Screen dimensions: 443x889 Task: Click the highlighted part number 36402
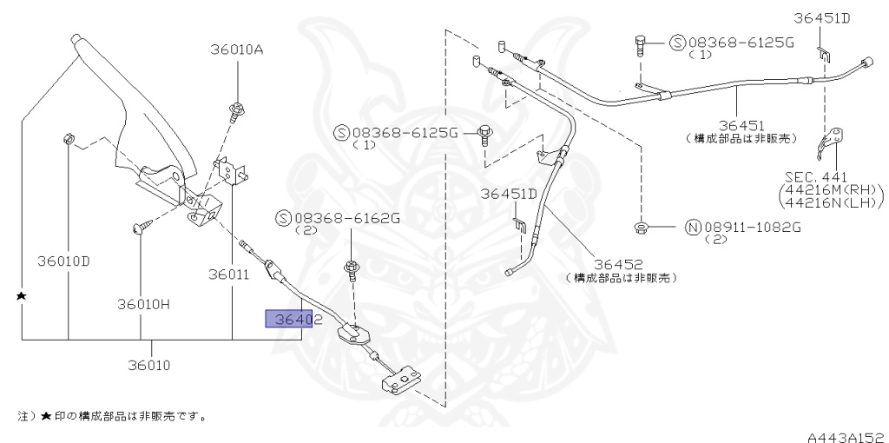click(x=294, y=320)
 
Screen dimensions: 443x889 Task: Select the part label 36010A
click(x=235, y=50)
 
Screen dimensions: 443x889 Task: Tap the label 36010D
click(x=63, y=260)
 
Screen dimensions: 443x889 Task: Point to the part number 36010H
click(x=144, y=304)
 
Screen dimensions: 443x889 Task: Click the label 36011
click(x=228, y=274)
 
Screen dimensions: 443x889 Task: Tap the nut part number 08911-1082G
click(x=751, y=228)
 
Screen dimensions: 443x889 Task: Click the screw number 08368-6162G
click(x=346, y=218)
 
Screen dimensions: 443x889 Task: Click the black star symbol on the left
click(x=23, y=296)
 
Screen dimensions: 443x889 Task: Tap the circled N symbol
click(x=692, y=228)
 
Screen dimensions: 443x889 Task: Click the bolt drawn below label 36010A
click(x=236, y=110)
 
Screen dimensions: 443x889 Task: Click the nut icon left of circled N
click(x=641, y=228)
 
